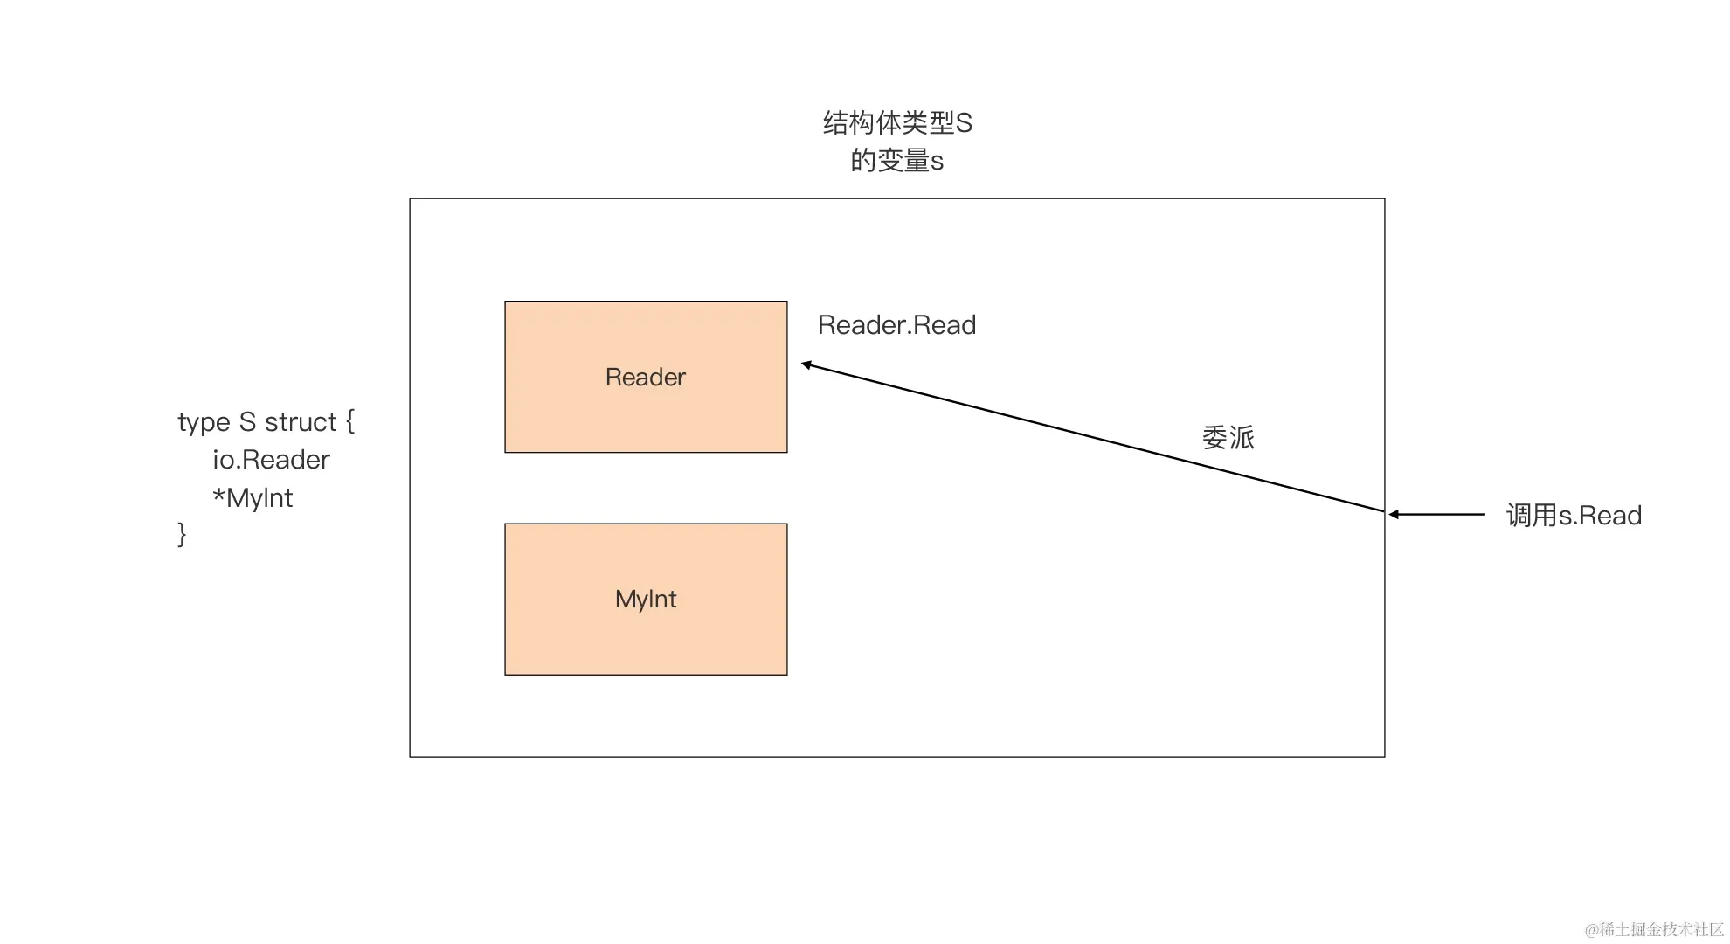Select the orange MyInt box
point(646,638)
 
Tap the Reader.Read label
point(896,325)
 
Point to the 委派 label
point(1228,438)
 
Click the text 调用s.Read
point(1574,516)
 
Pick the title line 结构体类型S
point(897,123)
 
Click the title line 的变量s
point(897,161)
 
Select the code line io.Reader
point(271,460)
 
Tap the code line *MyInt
point(253,498)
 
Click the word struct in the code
point(300,422)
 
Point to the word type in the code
point(204,423)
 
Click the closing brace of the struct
point(182,534)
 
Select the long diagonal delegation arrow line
point(1092,437)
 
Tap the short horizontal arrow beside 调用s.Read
point(1437,515)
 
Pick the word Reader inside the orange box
point(646,378)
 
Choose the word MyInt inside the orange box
point(646,600)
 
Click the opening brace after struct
point(349,421)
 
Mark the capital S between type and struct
point(247,422)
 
